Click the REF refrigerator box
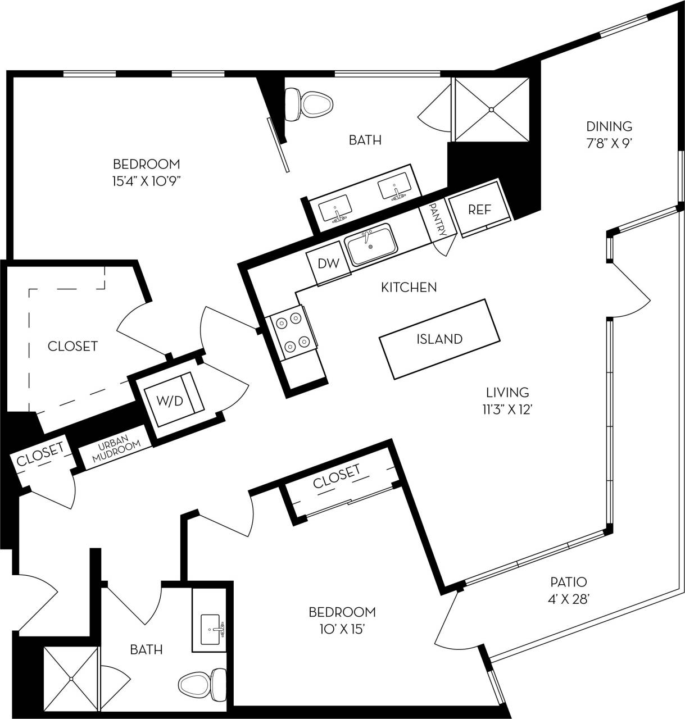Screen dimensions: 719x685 click(x=480, y=209)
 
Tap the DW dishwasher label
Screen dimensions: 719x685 click(x=329, y=263)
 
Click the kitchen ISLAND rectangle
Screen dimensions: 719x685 click(x=439, y=339)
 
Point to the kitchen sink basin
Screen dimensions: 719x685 click(x=370, y=245)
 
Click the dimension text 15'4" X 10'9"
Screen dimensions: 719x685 click(x=146, y=181)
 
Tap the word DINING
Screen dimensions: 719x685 click(x=609, y=126)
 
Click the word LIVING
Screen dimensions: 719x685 click(x=507, y=392)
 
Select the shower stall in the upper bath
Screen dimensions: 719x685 click(x=492, y=109)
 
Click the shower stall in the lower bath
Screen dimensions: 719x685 click(x=71, y=679)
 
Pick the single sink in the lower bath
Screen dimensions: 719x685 click(x=212, y=629)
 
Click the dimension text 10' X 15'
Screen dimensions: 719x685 click(x=342, y=629)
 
